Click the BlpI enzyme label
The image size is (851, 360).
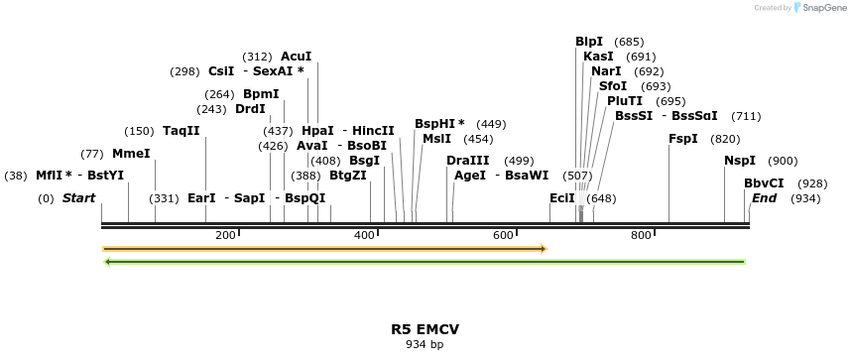click(x=589, y=42)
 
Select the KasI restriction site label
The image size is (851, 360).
click(x=598, y=57)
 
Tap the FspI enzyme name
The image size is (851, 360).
click(x=683, y=139)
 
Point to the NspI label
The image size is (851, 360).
click(x=739, y=161)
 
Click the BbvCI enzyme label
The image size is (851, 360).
click(x=764, y=183)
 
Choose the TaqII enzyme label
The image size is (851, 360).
click(x=181, y=131)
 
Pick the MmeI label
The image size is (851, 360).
click(x=131, y=154)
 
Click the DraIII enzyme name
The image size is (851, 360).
click(x=467, y=161)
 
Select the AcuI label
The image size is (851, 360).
click(x=296, y=57)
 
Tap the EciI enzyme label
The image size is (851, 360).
click(x=561, y=198)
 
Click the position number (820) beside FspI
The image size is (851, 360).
click(x=725, y=139)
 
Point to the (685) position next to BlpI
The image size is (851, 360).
click(x=629, y=42)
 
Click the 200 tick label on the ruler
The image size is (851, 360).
click(x=225, y=235)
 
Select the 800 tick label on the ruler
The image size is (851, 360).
click(x=641, y=235)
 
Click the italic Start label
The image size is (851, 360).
click(x=78, y=198)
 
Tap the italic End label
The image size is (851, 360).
click(x=764, y=198)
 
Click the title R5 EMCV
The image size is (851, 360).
click(x=425, y=328)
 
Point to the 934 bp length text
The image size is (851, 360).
click(x=425, y=345)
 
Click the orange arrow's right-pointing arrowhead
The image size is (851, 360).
click(x=543, y=248)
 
